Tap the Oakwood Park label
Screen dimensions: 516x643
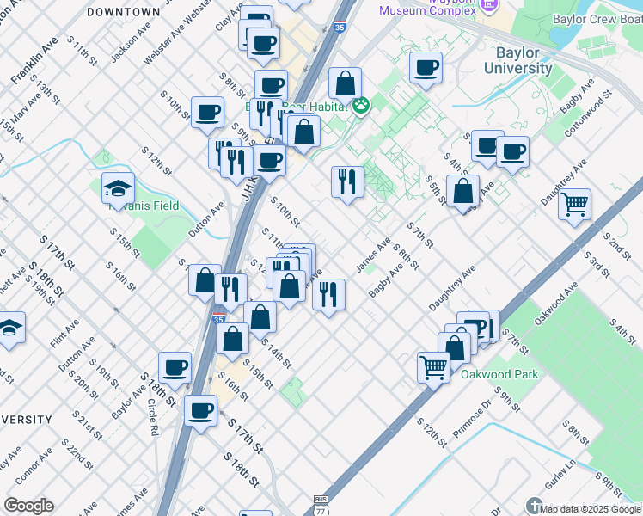[499, 374]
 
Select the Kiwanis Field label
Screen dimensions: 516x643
[153, 206]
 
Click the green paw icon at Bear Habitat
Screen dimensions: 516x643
[361, 106]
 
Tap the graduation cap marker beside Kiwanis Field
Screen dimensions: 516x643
[119, 188]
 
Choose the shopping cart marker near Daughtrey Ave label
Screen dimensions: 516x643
[574, 205]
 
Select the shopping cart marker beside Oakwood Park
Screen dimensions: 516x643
[434, 366]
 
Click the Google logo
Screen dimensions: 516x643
[28, 505]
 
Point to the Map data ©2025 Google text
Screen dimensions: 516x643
[591, 509]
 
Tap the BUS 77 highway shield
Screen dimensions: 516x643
[321, 503]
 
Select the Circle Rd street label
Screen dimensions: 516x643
[151, 415]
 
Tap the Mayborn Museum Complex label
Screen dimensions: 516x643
[427, 10]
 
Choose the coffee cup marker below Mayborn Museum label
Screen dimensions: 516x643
[425, 68]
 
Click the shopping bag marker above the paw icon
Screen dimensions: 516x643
[345, 83]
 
